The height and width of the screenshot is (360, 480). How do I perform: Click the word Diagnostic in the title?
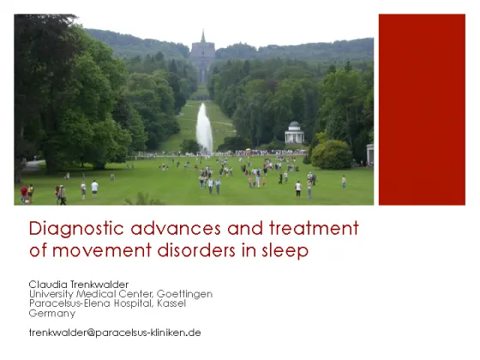point(76,229)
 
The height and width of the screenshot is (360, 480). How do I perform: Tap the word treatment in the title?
point(314,228)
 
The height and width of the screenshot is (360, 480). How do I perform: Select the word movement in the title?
point(102,250)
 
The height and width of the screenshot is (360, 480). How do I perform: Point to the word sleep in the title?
point(285,250)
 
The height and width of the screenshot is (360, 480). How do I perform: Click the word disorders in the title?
point(196,249)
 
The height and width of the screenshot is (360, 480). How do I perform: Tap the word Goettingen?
point(184,294)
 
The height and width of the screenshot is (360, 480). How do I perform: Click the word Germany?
point(52,314)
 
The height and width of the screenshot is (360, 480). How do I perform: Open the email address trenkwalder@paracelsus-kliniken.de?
point(115,333)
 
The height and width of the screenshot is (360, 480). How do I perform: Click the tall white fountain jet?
point(204,128)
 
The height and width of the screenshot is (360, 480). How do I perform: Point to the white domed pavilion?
point(294,133)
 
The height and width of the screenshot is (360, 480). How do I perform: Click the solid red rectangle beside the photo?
point(422,110)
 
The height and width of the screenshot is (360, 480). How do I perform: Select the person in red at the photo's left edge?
point(24,195)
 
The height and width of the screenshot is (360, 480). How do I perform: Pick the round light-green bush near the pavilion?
point(332,154)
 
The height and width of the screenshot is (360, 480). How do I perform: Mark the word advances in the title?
point(176,229)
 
